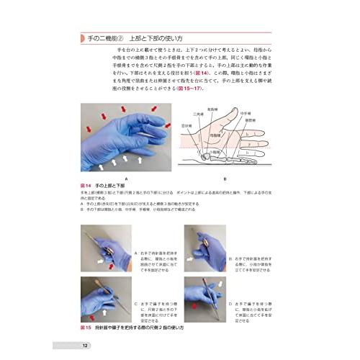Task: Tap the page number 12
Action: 86,348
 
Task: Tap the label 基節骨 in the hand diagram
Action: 261,119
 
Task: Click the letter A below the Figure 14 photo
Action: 127,176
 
